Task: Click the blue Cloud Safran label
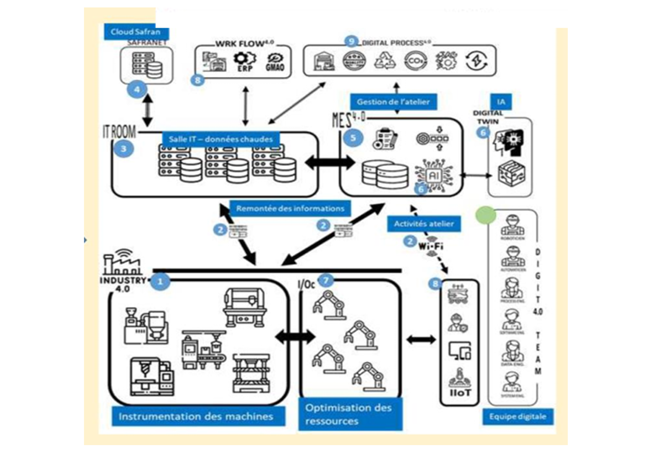click(x=136, y=32)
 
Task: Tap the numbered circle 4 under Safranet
click(x=137, y=90)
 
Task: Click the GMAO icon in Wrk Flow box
click(x=275, y=62)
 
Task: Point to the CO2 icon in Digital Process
click(x=415, y=61)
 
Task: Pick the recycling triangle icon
click(x=385, y=61)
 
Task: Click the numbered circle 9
click(x=352, y=41)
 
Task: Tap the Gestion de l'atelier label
click(x=393, y=102)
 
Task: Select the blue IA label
click(x=501, y=102)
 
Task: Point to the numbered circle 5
click(x=353, y=138)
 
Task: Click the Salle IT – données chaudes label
click(x=221, y=139)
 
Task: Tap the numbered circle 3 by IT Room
click(x=124, y=149)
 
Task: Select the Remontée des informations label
click(x=290, y=208)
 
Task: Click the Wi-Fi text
click(x=431, y=247)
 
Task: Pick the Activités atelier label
click(x=424, y=224)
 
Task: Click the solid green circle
click(x=485, y=215)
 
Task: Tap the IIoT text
click(x=460, y=393)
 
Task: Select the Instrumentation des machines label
click(x=196, y=416)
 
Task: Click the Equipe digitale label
click(x=518, y=416)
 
